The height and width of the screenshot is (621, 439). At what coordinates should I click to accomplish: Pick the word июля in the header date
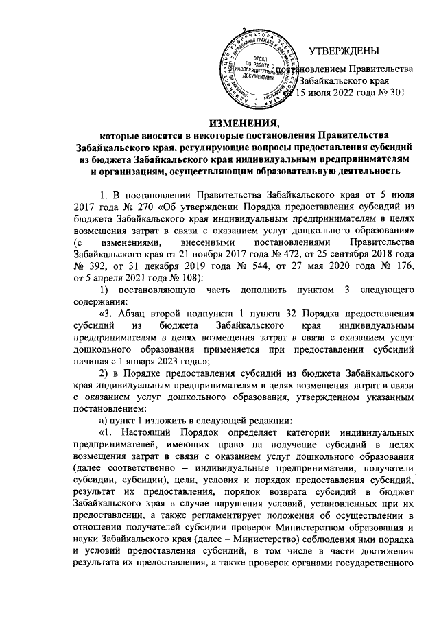click(321, 94)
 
